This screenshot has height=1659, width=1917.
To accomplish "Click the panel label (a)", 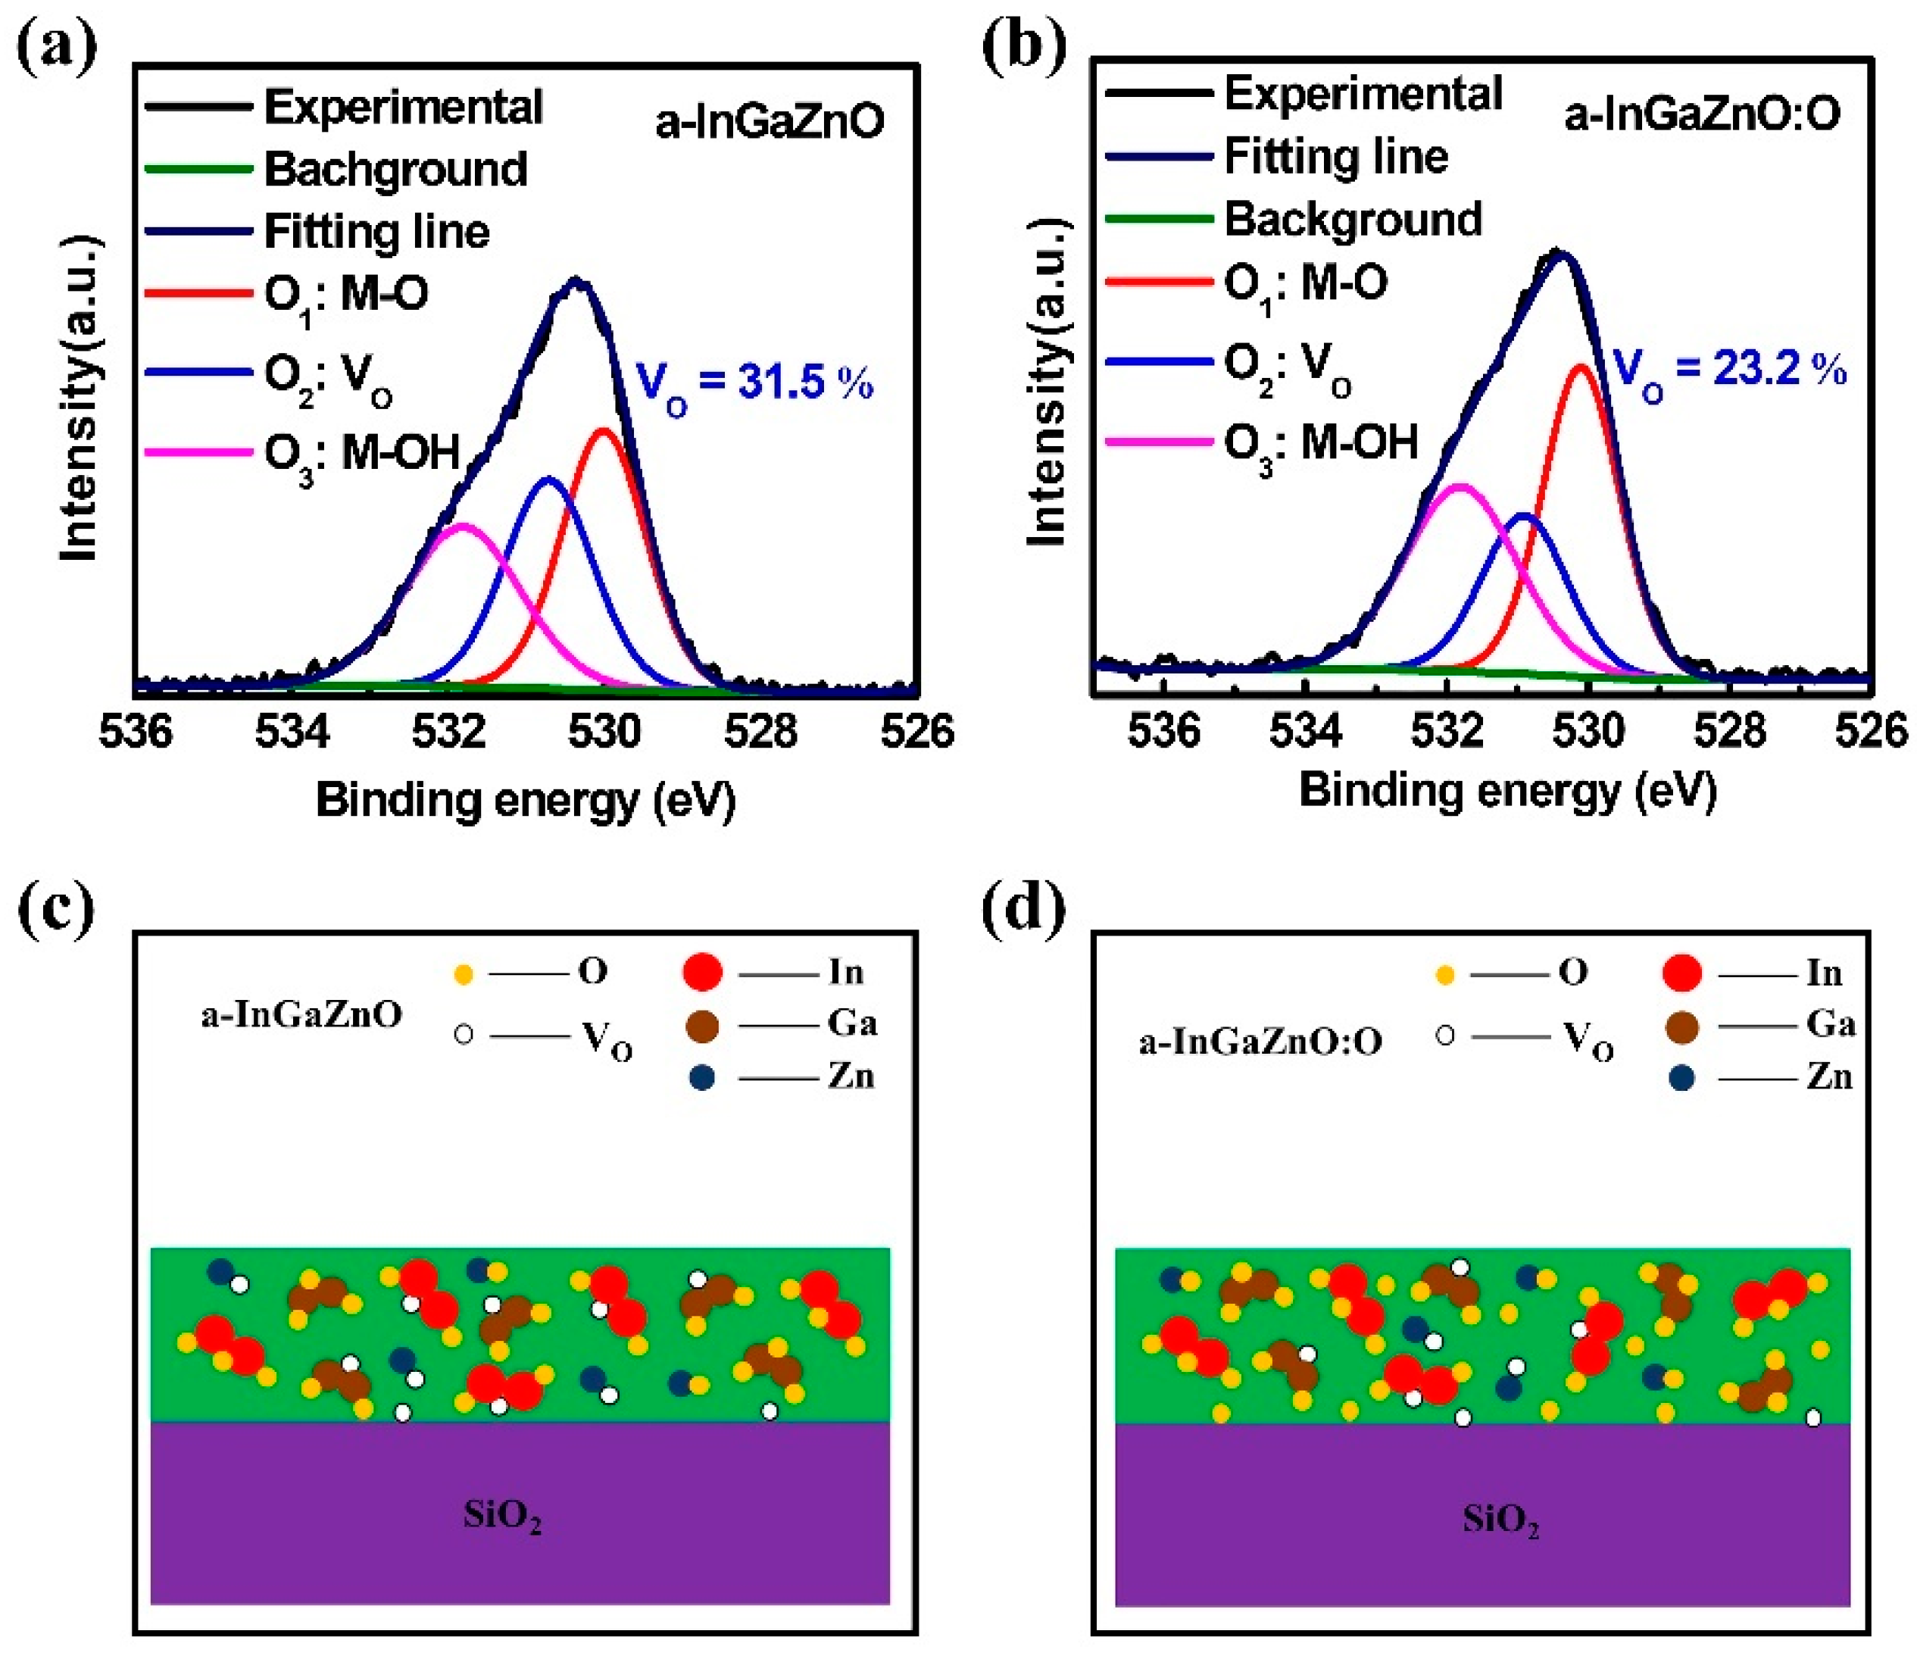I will pos(55,46).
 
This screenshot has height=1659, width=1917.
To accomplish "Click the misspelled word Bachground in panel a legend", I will pos(395,170).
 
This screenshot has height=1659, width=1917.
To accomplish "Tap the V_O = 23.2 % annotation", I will pos(1729,371).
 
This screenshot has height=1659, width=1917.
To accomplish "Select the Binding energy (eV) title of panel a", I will pos(525,800).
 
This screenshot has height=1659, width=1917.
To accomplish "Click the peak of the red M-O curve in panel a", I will pos(604,430).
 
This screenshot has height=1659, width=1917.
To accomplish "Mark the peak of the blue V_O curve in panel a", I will pos(549,479).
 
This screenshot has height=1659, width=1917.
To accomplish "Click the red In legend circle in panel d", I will pos(1682,973).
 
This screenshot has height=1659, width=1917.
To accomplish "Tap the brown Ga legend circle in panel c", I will pos(704,1026).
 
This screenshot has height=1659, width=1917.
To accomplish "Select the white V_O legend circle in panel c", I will pos(464,1034).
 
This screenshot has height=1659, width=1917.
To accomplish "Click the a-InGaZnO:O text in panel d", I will pos(1260,1042).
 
